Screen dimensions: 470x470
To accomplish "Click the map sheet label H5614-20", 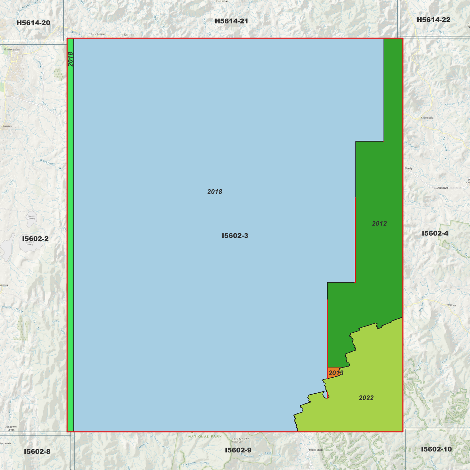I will point(33,23).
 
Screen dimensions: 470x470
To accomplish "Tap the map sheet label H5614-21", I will point(231,21).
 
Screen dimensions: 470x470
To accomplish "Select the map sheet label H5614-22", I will point(433,20).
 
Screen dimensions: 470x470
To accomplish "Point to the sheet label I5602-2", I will point(35,239).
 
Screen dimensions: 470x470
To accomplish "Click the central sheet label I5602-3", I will point(235,235).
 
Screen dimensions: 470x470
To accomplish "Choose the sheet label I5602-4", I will point(435,233).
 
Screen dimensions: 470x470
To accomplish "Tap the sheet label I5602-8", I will point(37,451).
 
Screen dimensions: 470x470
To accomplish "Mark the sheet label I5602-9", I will point(238,450).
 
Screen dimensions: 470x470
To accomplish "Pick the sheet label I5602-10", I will point(436,449).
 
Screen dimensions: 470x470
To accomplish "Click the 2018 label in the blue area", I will point(215,192).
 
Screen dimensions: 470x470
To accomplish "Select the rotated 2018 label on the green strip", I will point(70,59).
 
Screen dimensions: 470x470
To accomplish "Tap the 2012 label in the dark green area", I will point(379,223).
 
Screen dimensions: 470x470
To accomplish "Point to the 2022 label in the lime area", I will point(366,398).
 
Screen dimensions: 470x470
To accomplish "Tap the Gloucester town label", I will point(12,49).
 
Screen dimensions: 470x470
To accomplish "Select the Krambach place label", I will point(427,118).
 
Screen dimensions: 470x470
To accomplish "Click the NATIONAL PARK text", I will point(205,436).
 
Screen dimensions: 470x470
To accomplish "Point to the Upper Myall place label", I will point(316,450).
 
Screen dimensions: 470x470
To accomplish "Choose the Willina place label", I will point(451,305).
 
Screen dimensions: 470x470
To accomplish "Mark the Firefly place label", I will point(409,168).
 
